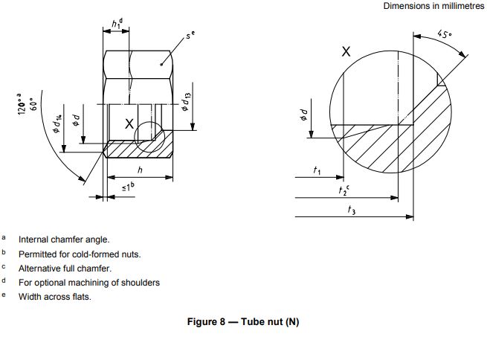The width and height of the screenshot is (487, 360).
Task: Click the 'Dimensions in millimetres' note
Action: (433, 6)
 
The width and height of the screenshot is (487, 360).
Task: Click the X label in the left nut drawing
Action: (129, 124)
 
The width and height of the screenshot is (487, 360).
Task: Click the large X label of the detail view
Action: (346, 52)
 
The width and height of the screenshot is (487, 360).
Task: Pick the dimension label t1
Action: (317, 172)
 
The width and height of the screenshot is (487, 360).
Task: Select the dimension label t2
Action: (344, 191)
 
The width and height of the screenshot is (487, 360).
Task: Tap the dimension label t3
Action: (351, 210)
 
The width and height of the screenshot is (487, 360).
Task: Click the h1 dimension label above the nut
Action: (117, 24)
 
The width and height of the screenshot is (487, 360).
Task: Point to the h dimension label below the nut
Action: (139, 170)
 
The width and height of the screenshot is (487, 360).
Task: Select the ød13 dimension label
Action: (186, 100)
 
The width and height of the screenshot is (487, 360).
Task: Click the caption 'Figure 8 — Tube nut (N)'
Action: (243, 322)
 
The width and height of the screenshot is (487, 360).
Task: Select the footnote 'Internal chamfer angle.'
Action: (64, 240)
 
